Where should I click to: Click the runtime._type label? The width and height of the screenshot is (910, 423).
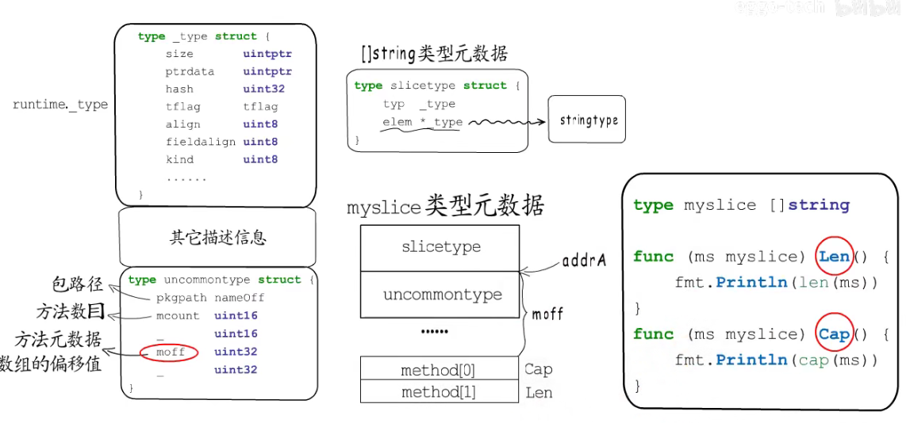coord(60,105)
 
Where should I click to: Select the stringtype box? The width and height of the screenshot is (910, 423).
coord(587,120)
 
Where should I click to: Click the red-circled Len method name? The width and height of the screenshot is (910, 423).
coord(834,256)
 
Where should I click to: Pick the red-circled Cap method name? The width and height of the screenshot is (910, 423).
coord(834,333)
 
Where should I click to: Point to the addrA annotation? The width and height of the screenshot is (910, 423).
coord(583,260)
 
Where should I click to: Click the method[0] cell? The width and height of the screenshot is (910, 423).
coord(439,369)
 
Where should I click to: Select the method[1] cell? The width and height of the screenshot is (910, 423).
coord(439,391)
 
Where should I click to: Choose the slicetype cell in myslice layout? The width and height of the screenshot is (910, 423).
coord(440,247)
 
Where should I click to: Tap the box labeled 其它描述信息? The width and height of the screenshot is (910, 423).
coord(217,237)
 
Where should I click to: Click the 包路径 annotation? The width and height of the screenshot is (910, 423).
coord(78,284)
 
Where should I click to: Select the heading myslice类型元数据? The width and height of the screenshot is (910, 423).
coord(445,207)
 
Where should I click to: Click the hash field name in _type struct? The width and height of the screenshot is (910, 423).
coord(179,90)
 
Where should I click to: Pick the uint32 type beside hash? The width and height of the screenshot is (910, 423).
coord(263,90)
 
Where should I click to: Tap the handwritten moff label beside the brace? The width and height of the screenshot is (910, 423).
coord(547,314)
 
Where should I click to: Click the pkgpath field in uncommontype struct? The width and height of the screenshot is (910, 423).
coord(182,298)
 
